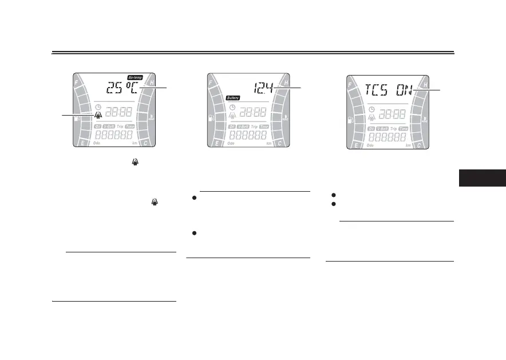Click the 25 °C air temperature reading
tap(121, 89)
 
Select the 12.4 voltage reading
tap(264, 88)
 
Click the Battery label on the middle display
tap(233, 98)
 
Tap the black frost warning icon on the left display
tap(98, 115)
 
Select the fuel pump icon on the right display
tap(350, 120)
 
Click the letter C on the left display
tap(148, 144)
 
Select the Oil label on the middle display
tap(232, 126)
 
